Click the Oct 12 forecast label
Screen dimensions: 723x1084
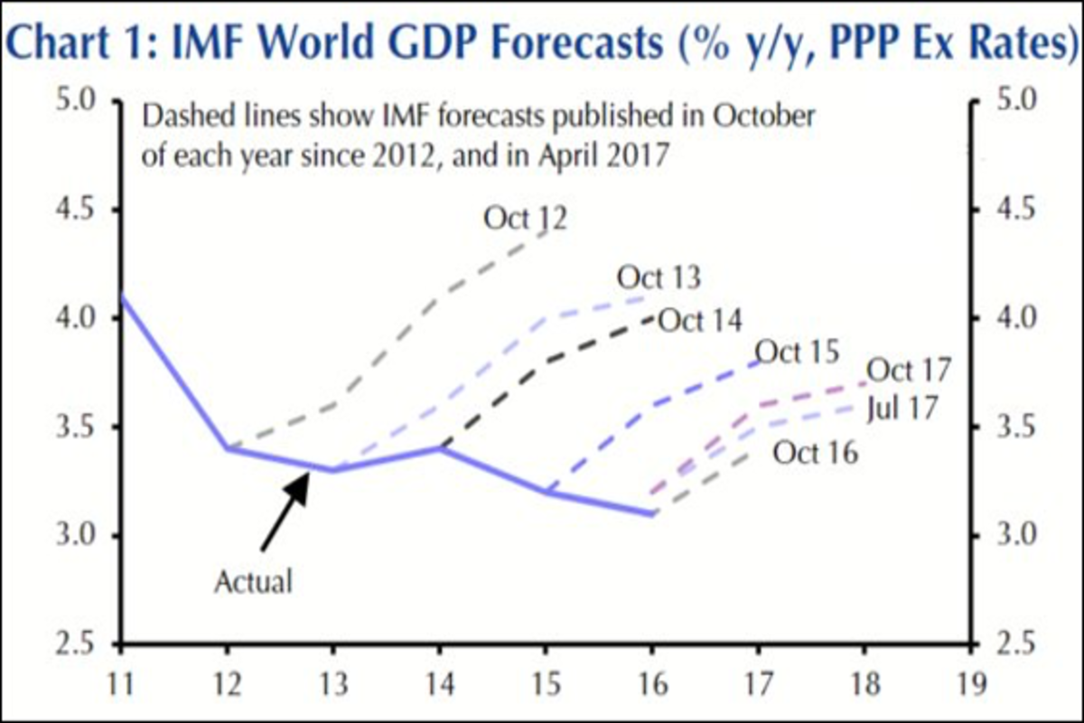[x=525, y=219]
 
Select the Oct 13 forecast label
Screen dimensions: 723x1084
[x=659, y=277]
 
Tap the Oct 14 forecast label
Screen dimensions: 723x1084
[x=700, y=320]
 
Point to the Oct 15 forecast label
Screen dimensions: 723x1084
[x=798, y=352]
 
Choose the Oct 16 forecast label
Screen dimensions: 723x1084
[x=815, y=452]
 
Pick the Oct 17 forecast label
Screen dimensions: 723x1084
[x=910, y=370]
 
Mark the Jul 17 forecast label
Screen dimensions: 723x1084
[x=902, y=408]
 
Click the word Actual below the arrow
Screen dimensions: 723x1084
[x=254, y=581]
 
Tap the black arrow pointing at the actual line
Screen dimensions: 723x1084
[x=285, y=511]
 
